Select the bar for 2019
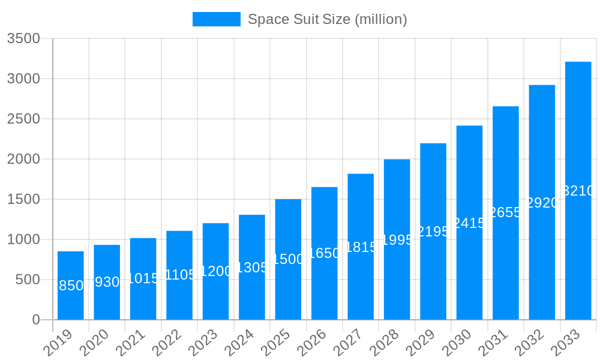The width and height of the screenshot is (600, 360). pyautogui.click(x=71, y=286)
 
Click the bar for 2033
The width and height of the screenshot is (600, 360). pyautogui.click(x=578, y=191)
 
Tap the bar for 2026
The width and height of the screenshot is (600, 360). pyautogui.click(x=325, y=253)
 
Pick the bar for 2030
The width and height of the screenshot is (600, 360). pyautogui.click(x=469, y=223)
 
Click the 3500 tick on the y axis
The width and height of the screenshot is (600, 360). pyautogui.click(x=23, y=38)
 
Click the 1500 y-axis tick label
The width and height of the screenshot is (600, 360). pyautogui.click(x=23, y=199)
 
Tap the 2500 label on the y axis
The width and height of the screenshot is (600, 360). pyautogui.click(x=23, y=119)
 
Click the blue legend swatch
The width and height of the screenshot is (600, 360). pyautogui.click(x=216, y=19)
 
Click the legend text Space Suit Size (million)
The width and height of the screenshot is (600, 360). pyautogui.click(x=328, y=19)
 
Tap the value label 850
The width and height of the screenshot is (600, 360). pyautogui.click(x=71, y=286)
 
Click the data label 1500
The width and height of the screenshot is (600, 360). pyautogui.click(x=288, y=259)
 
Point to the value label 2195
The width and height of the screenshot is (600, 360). pyautogui.click(x=433, y=232)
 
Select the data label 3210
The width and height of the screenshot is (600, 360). pyautogui.click(x=578, y=191)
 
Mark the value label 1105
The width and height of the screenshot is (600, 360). pyautogui.click(x=179, y=275)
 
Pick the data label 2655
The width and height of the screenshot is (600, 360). pyautogui.click(x=506, y=212)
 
